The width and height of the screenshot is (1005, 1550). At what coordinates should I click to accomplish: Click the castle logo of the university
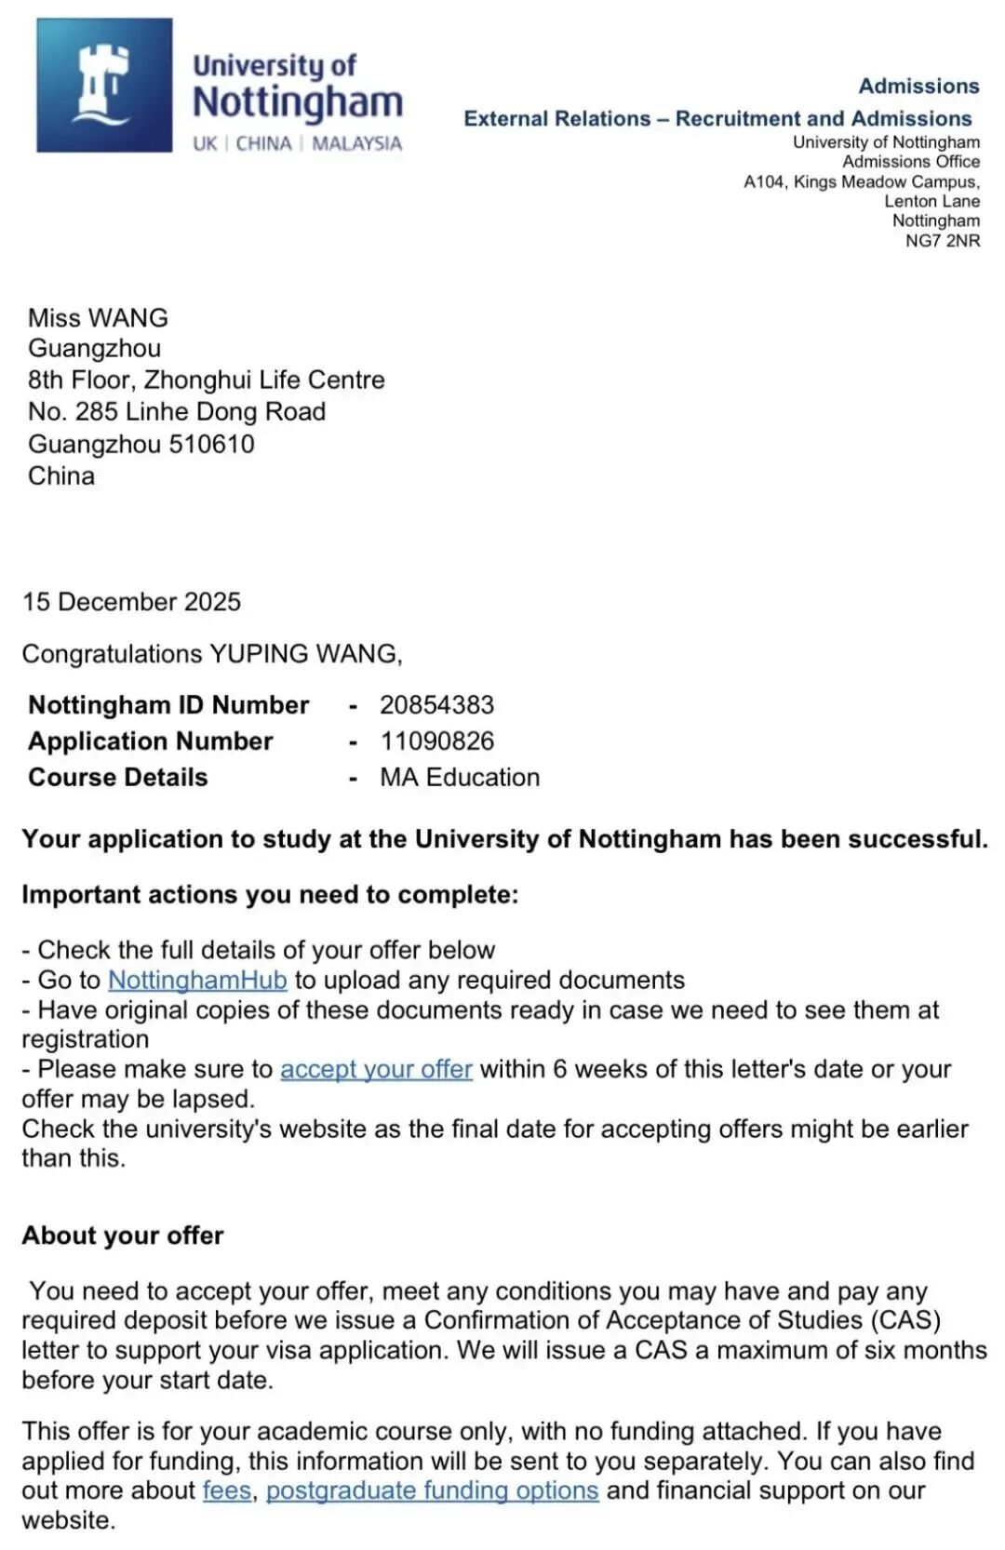(x=104, y=86)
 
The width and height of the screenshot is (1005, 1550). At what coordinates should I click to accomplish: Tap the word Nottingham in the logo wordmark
(x=298, y=102)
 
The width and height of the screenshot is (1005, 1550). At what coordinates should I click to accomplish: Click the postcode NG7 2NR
(x=943, y=241)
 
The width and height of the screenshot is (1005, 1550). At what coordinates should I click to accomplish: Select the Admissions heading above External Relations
(x=918, y=87)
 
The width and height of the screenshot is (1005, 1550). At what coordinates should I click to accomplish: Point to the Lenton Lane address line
(x=931, y=201)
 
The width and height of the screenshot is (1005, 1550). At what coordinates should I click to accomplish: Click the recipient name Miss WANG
(x=98, y=318)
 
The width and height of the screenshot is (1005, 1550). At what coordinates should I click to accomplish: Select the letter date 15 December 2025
(x=131, y=602)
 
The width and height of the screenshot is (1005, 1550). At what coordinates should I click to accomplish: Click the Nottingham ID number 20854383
(x=436, y=705)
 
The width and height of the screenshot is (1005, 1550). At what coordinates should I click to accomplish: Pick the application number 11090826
(x=436, y=742)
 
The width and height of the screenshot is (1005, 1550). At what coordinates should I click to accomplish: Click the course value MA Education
(x=460, y=778)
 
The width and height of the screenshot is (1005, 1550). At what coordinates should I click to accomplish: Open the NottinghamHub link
(x=197, y=981)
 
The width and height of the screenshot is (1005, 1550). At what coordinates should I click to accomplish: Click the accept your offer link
(x=376, y=1070)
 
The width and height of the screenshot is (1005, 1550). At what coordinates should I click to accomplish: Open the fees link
(x=227, y=1490)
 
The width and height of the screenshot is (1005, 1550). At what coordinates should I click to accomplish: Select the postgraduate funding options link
(x=432, y=1490)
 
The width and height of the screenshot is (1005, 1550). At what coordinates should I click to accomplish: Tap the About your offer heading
(x=123, y=1236)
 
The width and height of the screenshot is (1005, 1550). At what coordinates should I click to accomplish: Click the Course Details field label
(x=118, y=778)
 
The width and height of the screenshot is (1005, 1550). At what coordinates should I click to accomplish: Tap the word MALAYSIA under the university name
(x=357, y=144)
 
